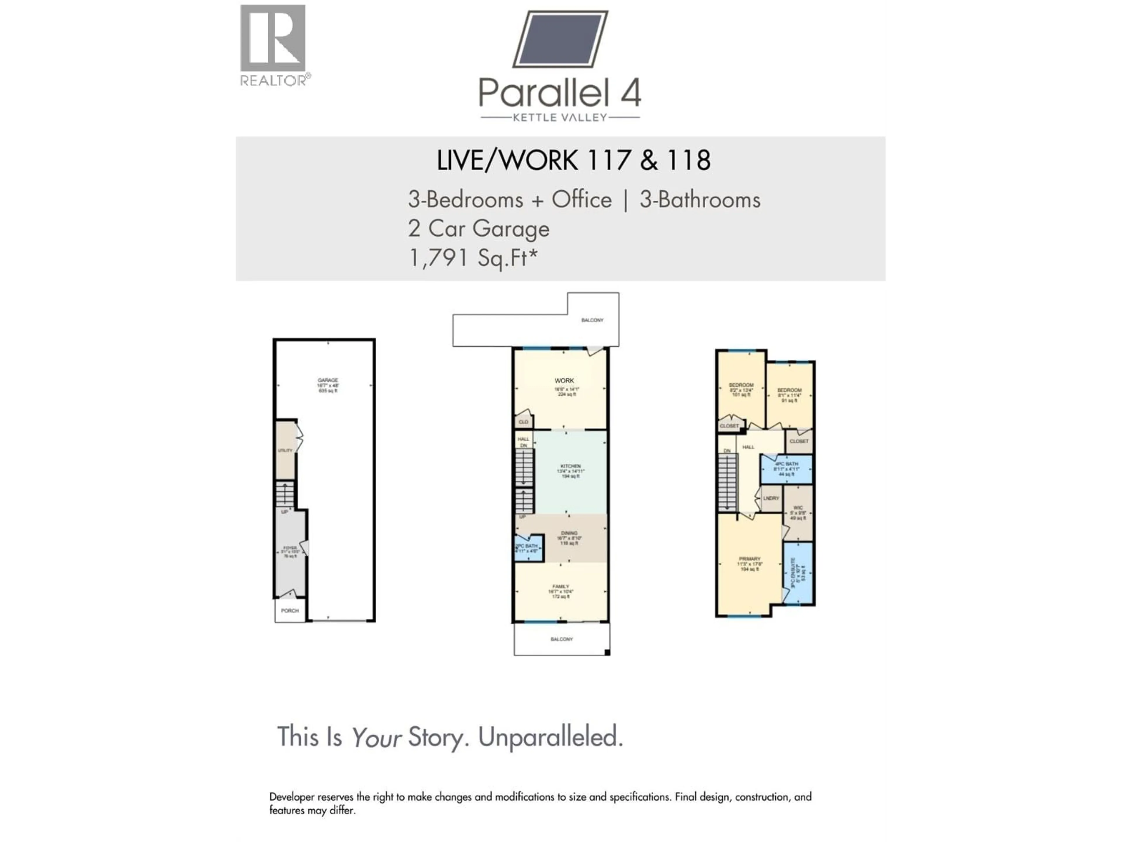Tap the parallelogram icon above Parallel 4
click(x=560, y=39)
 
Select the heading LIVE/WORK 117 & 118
click(x=573, y=161)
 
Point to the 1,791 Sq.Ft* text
click(x=473, y=258)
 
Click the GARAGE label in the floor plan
click(x=328, y=380)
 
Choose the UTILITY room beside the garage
click(x=285, y=450)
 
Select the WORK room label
click(x=564, y=381)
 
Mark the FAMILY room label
click(x=560, y=587)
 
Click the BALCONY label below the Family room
click(x=562, y=639)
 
